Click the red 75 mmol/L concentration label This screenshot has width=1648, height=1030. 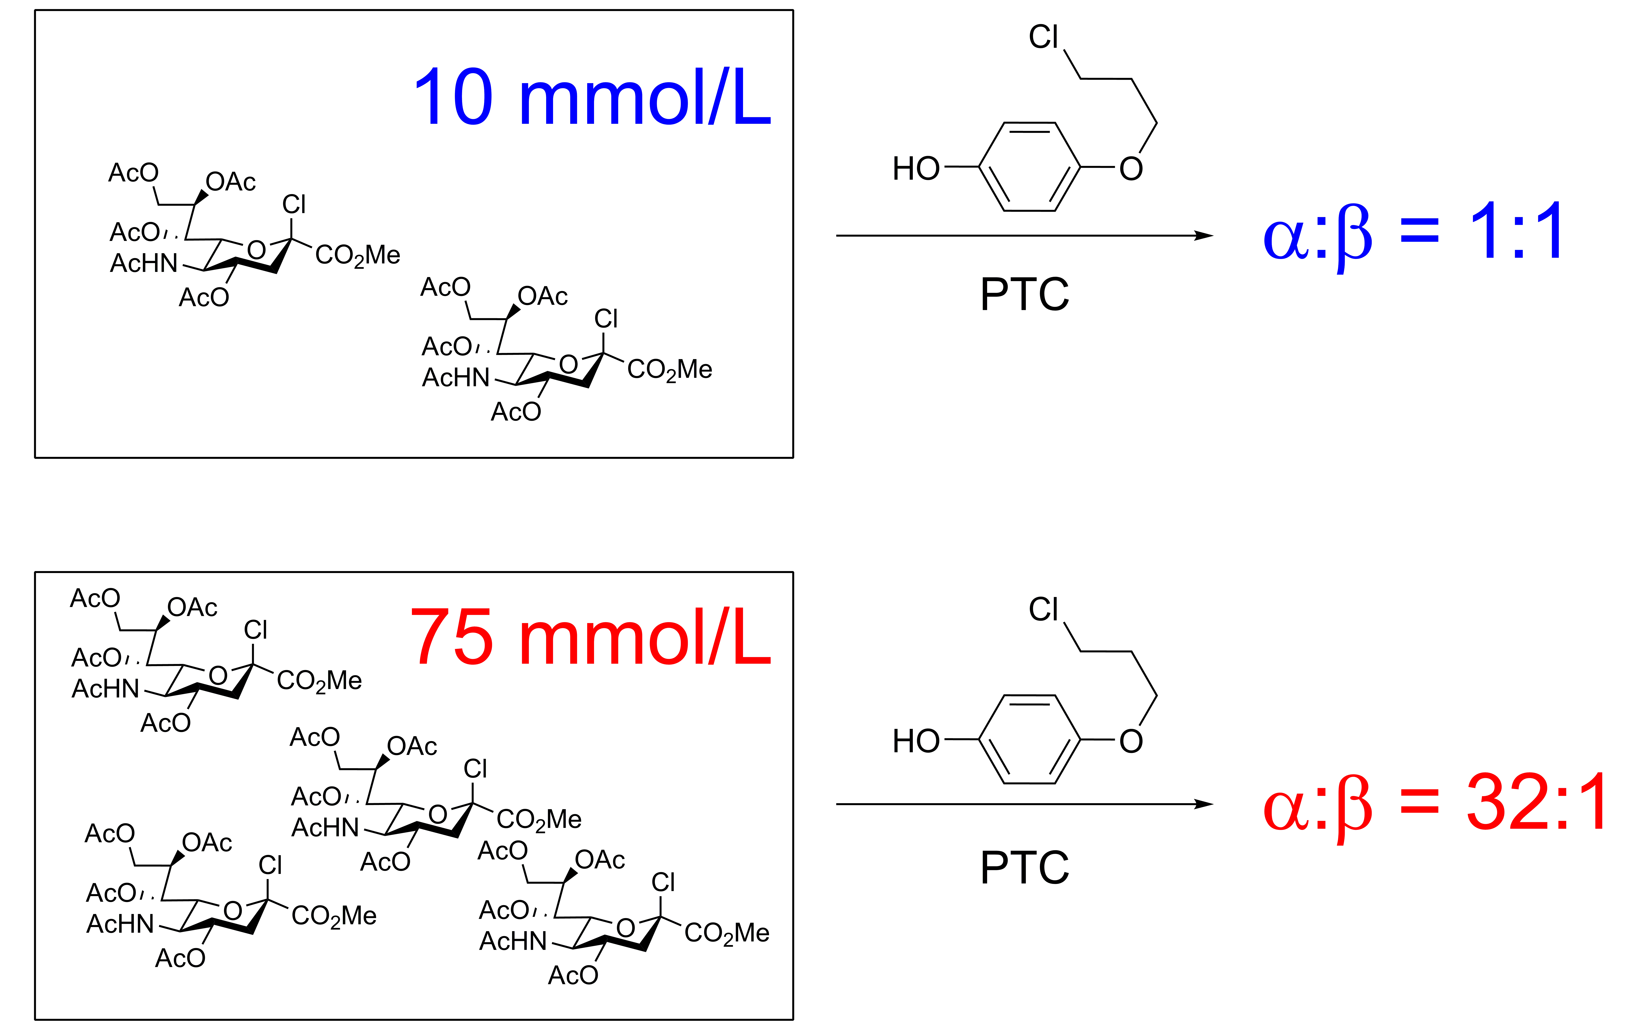pyautogui.click(x=590, y=637)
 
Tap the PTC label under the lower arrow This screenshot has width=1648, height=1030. pyautogui.click(x=1025, y=867)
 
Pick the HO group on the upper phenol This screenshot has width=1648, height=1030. pyautogui.click(x=916, y=168)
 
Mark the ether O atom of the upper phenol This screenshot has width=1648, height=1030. pyautogui.click(x=1131, y=168)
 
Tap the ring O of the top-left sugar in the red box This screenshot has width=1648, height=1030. pyautogui.click(x=218, y=676)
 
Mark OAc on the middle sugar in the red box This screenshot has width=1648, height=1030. pyautogui.click(x=412, y=747)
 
